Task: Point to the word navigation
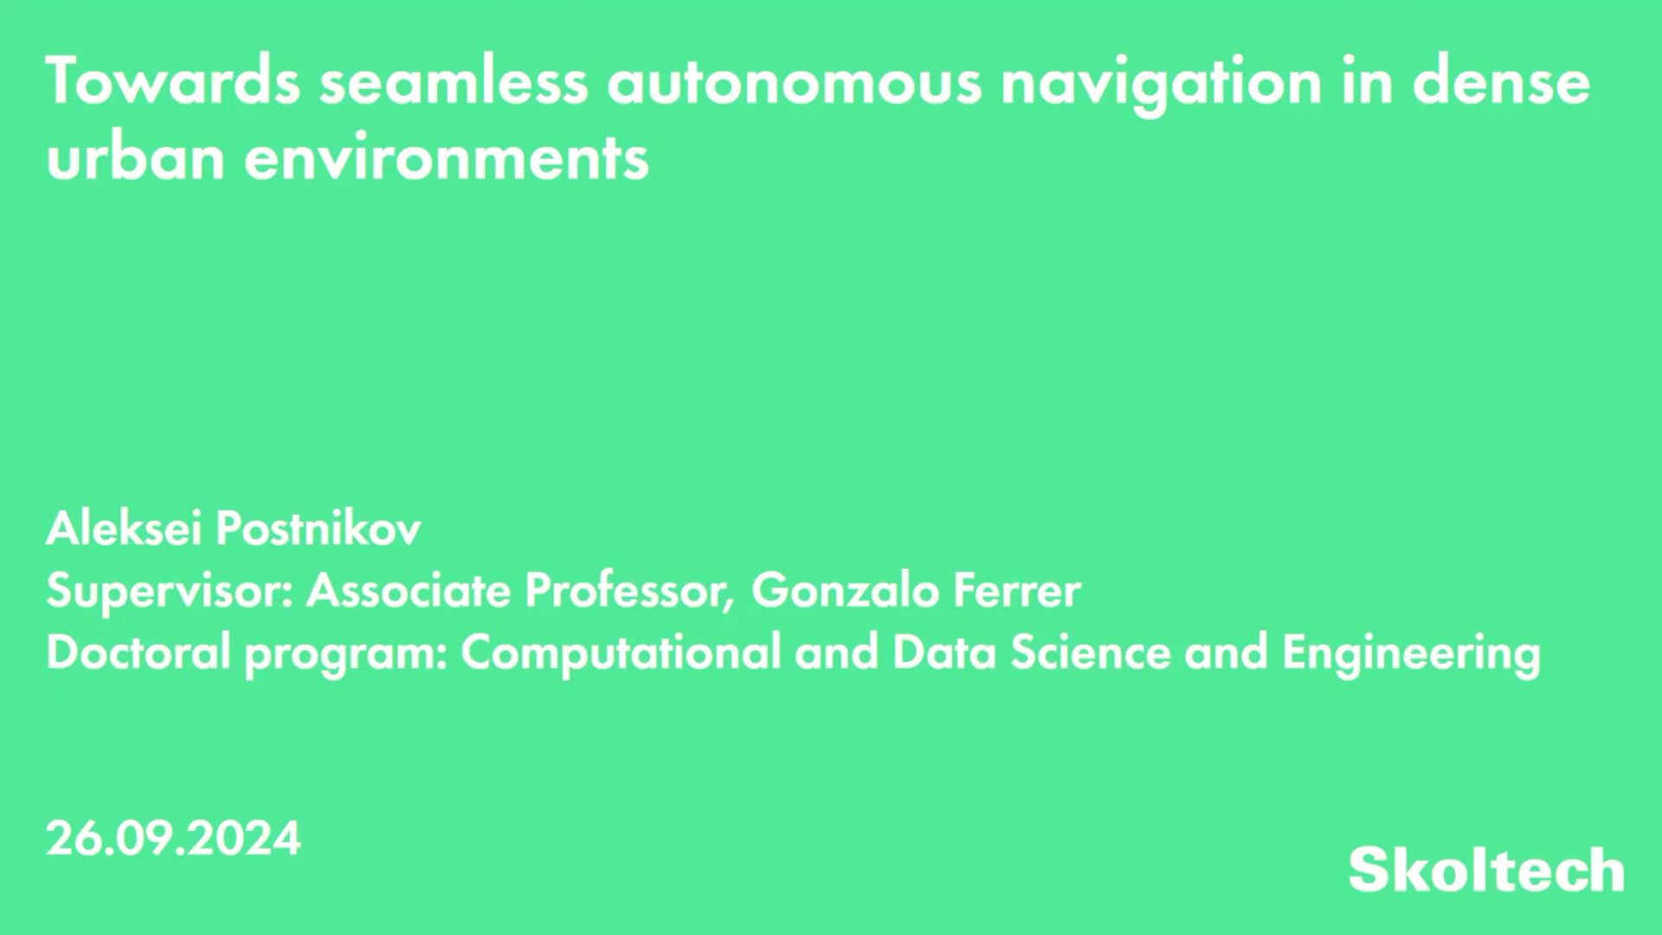(x=1161, y=82)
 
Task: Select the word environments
(x=446, y=159)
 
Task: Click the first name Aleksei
(x=124, y=527)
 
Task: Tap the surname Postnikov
(x=318, y=527)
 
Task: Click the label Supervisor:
(x=170, y=591)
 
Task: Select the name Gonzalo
(x=845, y=590)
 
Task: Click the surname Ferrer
(x=1016, y=590)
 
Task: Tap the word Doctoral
(x=138, y=651)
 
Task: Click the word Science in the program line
(x=1091, y=651)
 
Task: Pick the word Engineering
(x=1411, y=653)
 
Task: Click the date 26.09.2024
(x=173, y=838)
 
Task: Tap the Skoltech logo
(x=1485, y=869)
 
